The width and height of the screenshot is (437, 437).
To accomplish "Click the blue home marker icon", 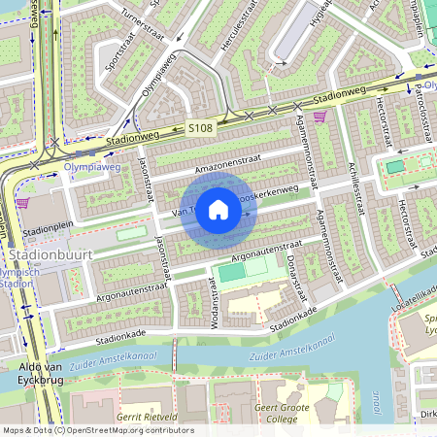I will (x=218, y=210).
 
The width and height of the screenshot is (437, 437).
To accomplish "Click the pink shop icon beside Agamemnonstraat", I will (x=319, y=116).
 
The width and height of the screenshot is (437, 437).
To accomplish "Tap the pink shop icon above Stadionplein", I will (x=22, y=203).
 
